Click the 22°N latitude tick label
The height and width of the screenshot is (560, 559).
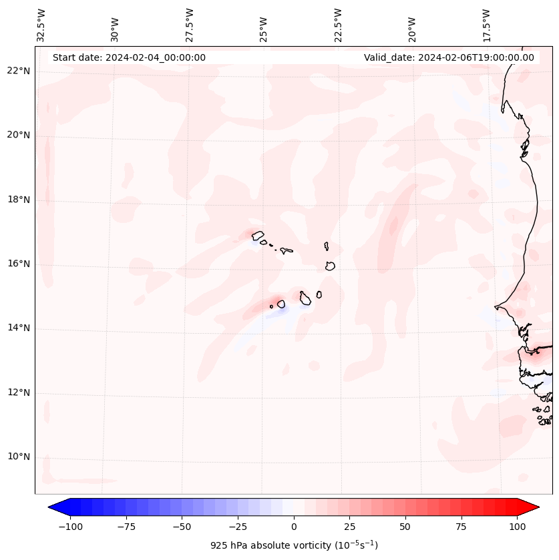coord(19,71)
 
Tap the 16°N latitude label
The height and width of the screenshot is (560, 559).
coord(19,264)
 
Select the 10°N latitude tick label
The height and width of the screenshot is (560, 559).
coord(19,457)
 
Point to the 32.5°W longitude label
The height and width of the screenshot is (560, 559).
coord(41,25)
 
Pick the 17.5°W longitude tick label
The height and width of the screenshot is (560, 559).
coord(487,25)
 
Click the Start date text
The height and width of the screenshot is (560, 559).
coord(129,57)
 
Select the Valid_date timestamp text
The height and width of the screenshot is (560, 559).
coord(449,57)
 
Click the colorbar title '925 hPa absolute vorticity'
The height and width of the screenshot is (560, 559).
coord(294,545)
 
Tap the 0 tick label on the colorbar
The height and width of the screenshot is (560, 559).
coord(294,527)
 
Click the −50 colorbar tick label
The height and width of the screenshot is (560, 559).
coord(182,527)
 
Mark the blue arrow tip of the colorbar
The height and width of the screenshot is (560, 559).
coord(55,508)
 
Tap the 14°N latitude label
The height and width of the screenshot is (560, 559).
coord(19,328)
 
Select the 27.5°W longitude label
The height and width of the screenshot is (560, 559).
coord(190,25)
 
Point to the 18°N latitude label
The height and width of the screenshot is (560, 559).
coord(19,200)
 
